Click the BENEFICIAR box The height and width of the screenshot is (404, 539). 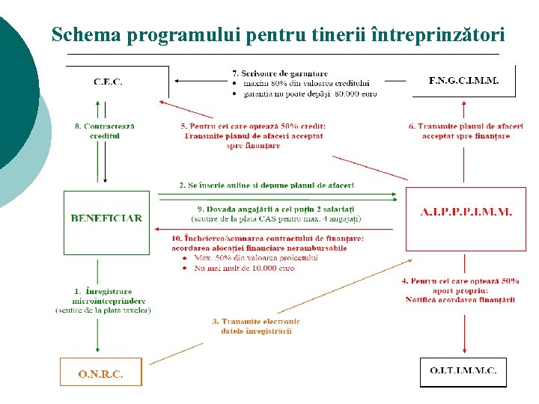click(x=106, y=218)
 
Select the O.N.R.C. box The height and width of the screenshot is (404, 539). click(x=100, y=373)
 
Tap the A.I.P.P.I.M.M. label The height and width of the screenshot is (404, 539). click(x=466, y=212)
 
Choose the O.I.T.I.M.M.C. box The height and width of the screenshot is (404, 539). click(x=463, y=371)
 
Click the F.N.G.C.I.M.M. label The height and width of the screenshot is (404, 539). click(x=463, y=79)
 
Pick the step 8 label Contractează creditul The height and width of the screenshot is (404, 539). click(x=105, y=131)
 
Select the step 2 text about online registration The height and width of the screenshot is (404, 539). click(x=266, y=184)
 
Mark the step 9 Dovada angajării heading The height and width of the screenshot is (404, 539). click(x=275, y=208)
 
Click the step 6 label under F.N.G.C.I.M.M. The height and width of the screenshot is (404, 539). click(x=466, y=131)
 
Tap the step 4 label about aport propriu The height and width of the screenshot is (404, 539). click(x=460, y=290)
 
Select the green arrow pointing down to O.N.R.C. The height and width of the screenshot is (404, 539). click(x=98, y=337)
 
